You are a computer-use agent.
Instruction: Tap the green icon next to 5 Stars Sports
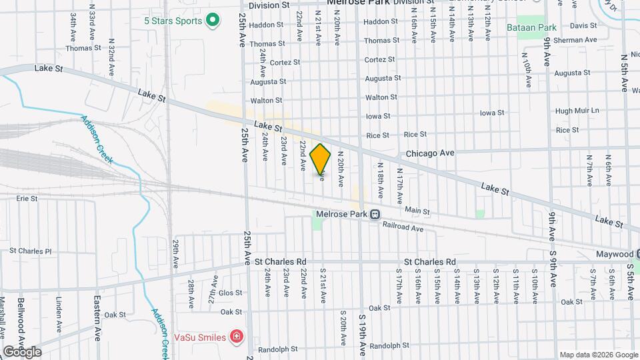[x=213, y=21]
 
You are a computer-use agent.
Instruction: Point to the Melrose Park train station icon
[x=375, y=215]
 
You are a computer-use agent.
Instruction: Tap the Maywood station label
[x=614, y=255]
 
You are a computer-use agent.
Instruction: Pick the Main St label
[x=417, y=211]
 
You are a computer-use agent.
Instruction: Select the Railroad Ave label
[x=403, y=227]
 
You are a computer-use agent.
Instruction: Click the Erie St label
[x=27, y=198]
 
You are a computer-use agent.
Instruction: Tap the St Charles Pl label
[x=30, y=251]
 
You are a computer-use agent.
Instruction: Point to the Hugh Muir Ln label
[x=577, y=111]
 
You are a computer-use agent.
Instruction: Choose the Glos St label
[x=231, y=293]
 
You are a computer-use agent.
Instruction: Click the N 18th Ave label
[x=381, y=180]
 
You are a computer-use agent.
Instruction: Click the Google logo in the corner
[x=22, y=352]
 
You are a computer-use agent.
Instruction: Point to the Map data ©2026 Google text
[x=597, y=355]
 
